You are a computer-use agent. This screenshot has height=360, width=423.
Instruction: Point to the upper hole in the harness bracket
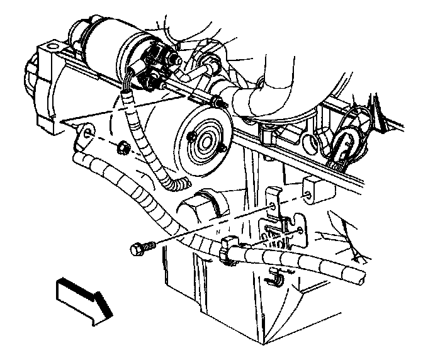[272, 206]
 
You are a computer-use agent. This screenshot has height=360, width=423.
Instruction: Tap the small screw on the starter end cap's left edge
[191, 137]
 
